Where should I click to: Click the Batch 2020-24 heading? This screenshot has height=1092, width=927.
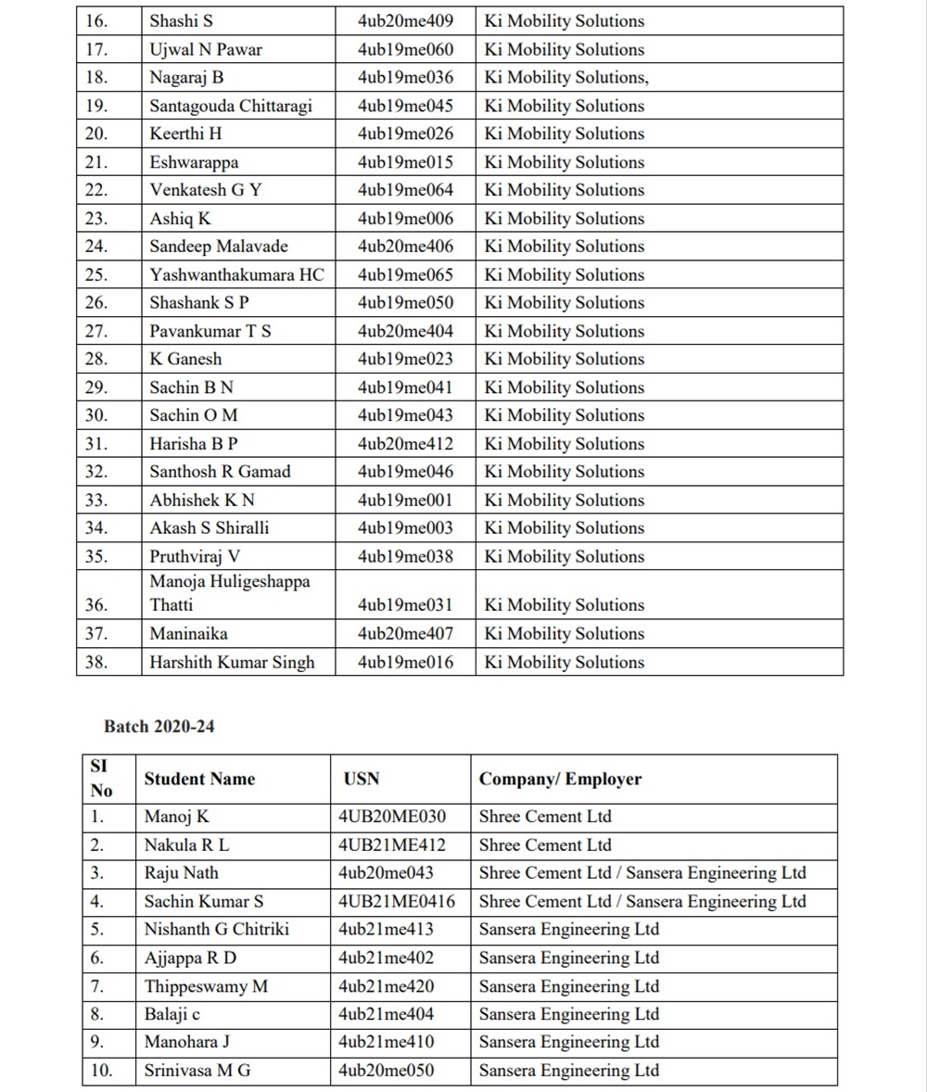(159, 727)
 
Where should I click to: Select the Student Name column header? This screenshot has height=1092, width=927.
(199, 780)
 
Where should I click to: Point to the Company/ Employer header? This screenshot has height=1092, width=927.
(560, 780)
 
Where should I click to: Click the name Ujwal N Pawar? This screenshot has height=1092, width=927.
(206, 49)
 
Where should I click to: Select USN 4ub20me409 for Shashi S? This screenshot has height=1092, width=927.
(405, 20)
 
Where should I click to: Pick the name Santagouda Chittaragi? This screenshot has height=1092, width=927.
(231, 106)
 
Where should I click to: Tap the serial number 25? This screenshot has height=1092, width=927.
(96, 275)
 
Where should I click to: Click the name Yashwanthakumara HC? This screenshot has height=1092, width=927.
(236, 275)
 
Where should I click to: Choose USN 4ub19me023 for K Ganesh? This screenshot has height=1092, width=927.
(405, 359)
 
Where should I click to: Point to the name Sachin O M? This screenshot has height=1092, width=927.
(194, 415)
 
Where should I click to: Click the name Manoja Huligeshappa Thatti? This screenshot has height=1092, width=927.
(230, 593)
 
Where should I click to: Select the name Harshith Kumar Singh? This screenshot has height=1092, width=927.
(232, 663)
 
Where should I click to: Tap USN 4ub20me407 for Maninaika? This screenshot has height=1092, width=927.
(405, 634)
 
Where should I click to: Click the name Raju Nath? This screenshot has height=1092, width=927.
(182, 873)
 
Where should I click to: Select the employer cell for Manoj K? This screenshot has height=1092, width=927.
(545, 818)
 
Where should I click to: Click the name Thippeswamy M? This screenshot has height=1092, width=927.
(206, 986)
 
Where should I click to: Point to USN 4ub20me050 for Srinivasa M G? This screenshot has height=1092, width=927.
(386, 1071)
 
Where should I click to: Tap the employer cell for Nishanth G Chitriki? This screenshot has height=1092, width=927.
(569, 930)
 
